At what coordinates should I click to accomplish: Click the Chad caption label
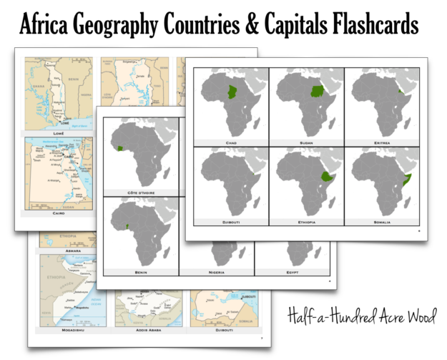tap(231, 142)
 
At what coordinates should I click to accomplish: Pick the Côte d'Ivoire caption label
tap(140, 193)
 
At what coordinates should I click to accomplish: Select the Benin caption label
tap(140, 272)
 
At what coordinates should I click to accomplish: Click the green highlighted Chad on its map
tap(231, 92)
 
